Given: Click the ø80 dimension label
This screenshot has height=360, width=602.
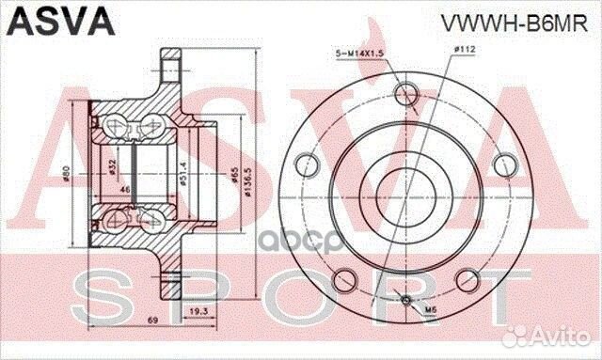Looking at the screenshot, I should click(x=67, y=173).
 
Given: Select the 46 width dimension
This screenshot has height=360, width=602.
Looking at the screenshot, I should click(x=125, y=190).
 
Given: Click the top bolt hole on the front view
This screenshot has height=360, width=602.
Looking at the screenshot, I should click(x=405, y=93).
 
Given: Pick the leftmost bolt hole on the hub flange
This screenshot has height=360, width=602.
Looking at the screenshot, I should click(x=306, y=165).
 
